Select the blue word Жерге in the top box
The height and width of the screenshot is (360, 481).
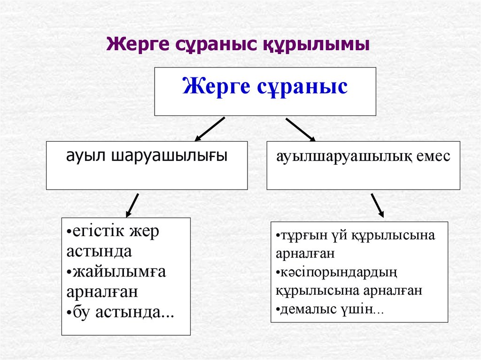[215, 87]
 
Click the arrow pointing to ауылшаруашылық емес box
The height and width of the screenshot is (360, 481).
[301, 129]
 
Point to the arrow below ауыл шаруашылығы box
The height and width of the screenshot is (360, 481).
[132, 205]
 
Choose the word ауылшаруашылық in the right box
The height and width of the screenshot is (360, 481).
[344, 156]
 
